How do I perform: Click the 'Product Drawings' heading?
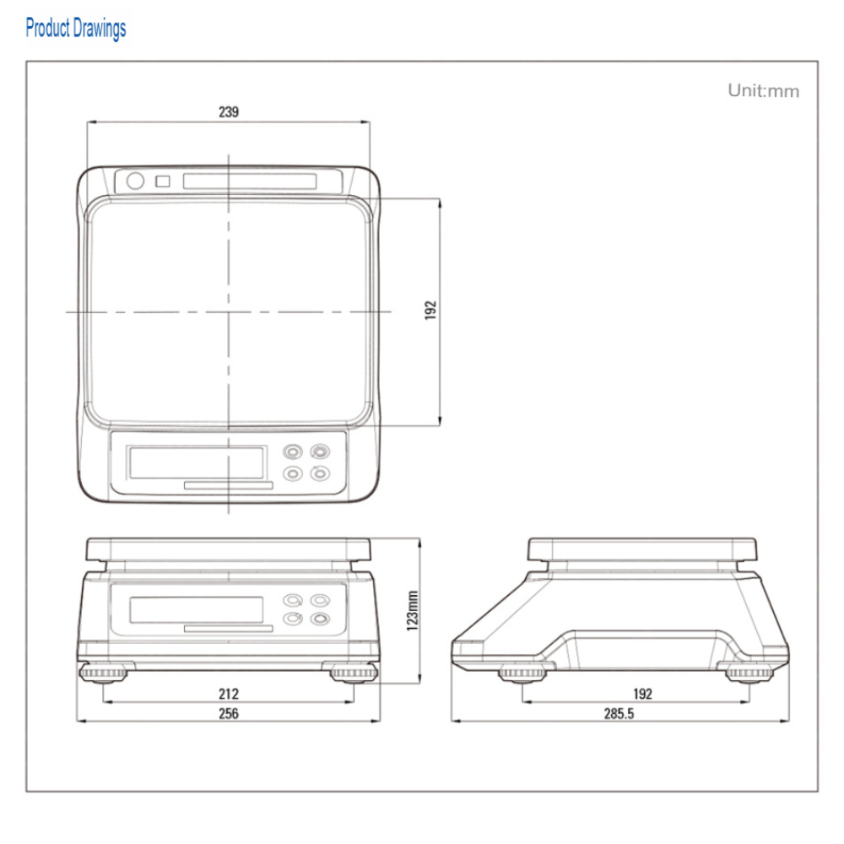click(76, 28)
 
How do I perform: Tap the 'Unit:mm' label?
click(763, 90)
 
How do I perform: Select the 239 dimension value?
click(229, 111)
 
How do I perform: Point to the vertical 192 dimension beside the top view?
click(430, 310)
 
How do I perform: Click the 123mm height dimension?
click(413, 610)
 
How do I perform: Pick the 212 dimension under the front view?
click(229, 694)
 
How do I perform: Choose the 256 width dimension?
click(229, 713)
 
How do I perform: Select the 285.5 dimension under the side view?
click(619, 713)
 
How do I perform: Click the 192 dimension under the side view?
click(642, 694)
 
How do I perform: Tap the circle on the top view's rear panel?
click(135, 181)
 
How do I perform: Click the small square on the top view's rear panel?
click(163, 181)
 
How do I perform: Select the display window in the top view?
click(197, 463)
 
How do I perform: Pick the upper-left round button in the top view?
click(293, 451)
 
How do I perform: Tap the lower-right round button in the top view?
click(320, 473)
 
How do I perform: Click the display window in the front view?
click(197, 610)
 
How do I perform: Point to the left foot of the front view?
click(103, 673)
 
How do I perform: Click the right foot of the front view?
click(354, 673)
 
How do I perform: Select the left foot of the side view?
click(522, 674)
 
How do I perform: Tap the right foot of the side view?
click(749, 674)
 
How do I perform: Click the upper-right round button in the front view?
click(320, 600)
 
